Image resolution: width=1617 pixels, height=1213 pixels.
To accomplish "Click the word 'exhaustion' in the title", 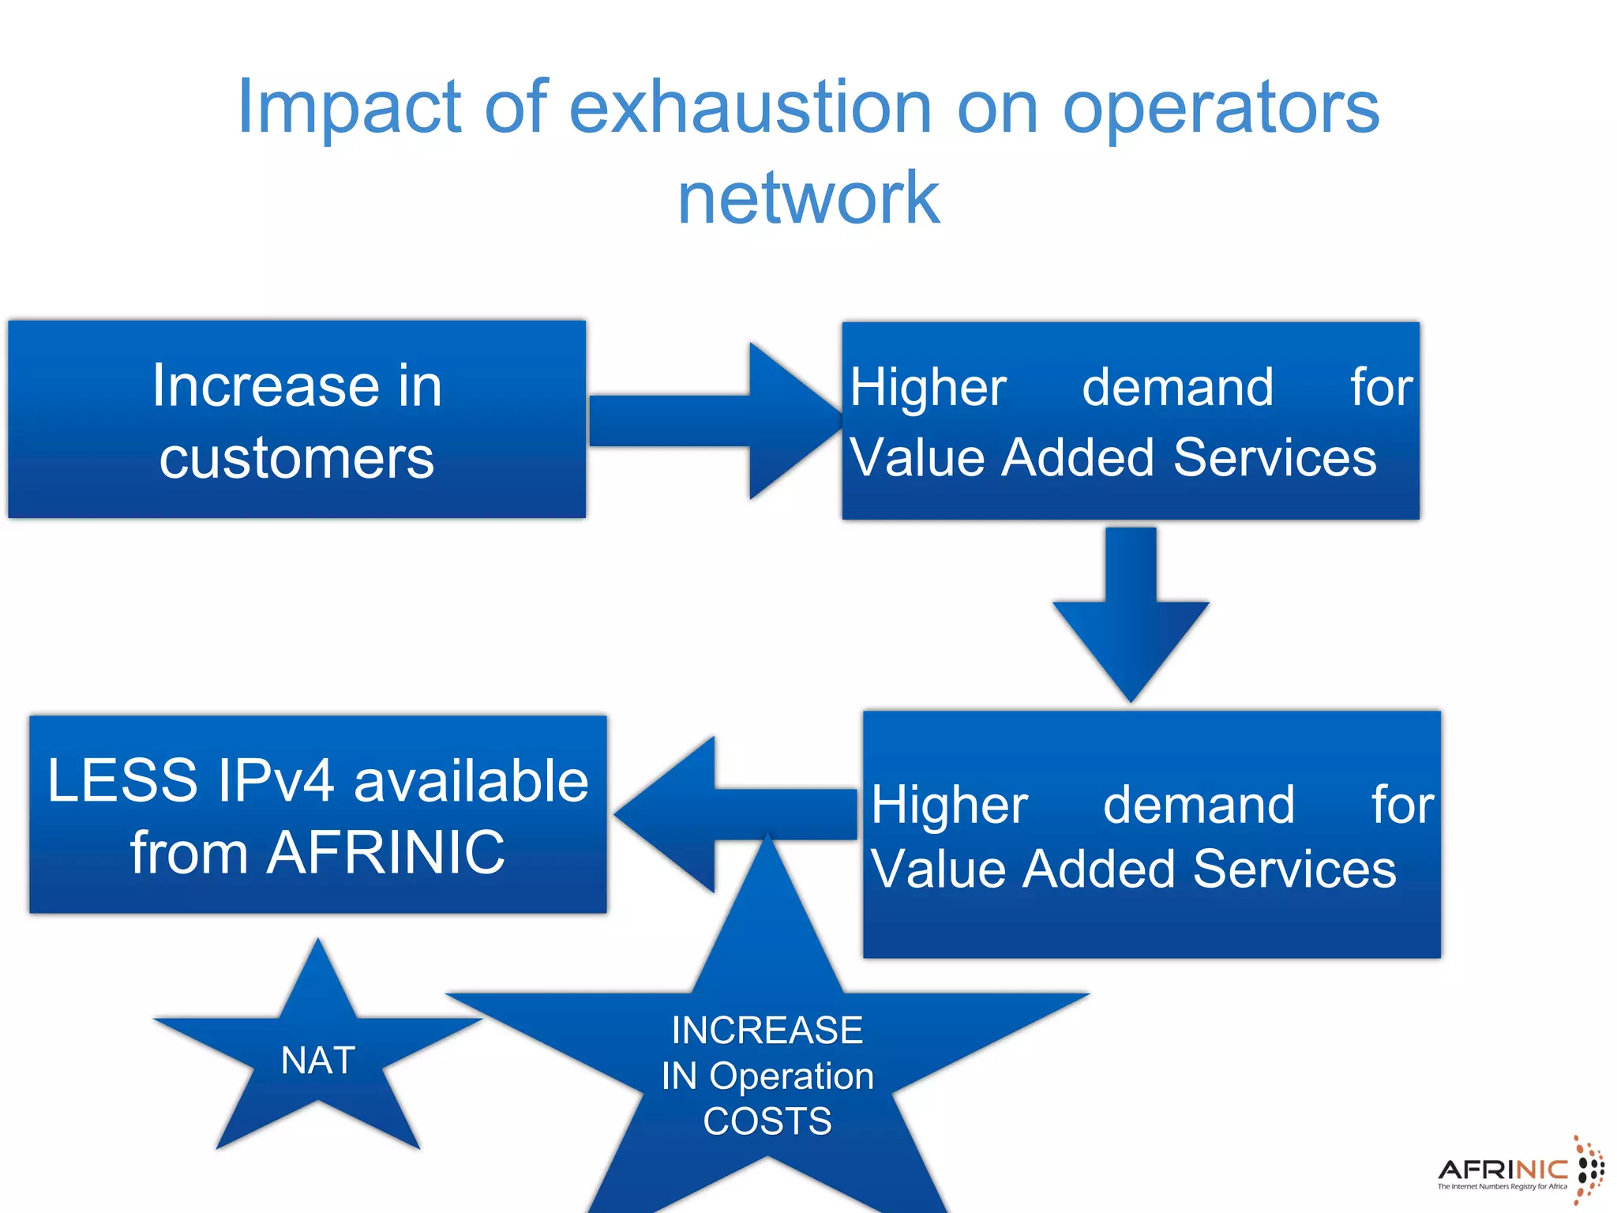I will tap(750, 108).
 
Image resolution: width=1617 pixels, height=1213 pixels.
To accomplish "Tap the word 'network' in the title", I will tap(808, 198).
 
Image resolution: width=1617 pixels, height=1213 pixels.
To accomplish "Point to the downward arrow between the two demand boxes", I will tap(1131, 616).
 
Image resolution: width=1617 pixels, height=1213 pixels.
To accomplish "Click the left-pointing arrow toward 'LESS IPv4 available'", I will tap(734, 813).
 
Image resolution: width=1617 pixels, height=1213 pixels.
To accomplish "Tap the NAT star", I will tap(318, 1060).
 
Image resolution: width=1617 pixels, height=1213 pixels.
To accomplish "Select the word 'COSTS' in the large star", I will tap(767, 1121).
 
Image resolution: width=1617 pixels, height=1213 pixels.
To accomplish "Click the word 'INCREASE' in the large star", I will tap(767, 1030).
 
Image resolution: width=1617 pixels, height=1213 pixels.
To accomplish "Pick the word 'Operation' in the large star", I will tap(792, 1076).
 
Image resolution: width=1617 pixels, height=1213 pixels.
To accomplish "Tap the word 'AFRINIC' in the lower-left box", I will tap(385, 853).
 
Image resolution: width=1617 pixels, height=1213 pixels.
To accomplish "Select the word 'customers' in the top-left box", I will tap(297, 458).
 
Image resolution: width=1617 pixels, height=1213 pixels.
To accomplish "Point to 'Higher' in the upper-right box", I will tap(928, 388).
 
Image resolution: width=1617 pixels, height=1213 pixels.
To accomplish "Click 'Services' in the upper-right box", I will tap(1274, 457).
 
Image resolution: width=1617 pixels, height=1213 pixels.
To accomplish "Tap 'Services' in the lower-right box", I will tap(1295, 869).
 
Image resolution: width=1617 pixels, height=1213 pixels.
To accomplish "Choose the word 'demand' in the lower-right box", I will tap(1199, 805).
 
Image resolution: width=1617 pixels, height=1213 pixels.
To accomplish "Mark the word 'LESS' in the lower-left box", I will tap(122, 781).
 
